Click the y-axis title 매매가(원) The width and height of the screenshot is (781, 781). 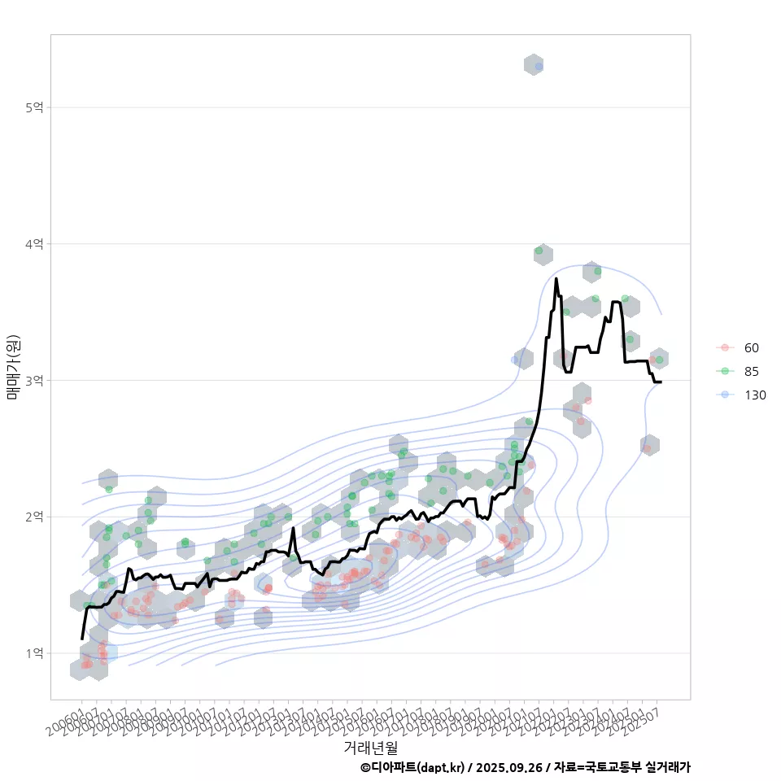click(13, 366)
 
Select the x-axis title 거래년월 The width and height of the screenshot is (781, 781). click(370, 747)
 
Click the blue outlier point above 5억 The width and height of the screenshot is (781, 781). click(539, 66)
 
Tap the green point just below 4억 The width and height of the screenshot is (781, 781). click(539, 251)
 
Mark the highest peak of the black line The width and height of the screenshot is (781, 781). click(556, 279)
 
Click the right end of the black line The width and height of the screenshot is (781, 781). click(661, 382)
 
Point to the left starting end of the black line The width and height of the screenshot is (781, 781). click(82, 639)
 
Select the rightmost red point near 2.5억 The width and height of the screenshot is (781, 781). click(647, 448)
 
